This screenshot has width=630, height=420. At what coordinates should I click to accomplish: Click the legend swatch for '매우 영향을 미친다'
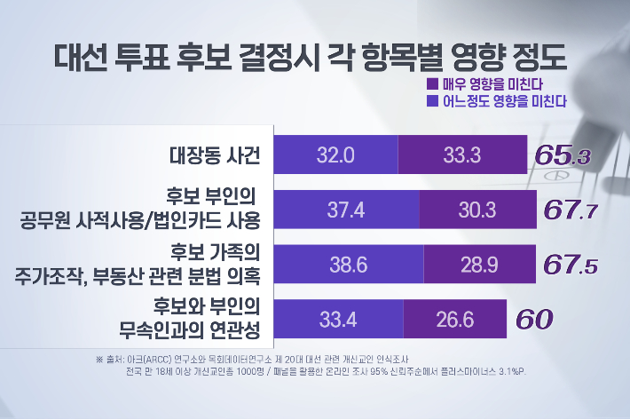pyautogui.click(x=432, y=84)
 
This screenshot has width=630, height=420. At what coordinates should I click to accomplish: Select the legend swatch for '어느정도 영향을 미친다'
pyautogui.click(x=432, y=101)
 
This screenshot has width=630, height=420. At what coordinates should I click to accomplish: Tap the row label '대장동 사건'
pyautogui.click(x=215, y=155)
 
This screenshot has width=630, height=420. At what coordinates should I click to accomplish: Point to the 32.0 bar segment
pyautogui.click(x=336, y=155)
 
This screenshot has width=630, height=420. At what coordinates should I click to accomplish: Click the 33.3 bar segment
pyautogui.click(x=461, y=155)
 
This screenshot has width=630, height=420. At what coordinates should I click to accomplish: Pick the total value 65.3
pyautogui.click(x=563, y=155)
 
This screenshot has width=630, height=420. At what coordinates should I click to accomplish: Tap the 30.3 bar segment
pyautogui.click(x=473, y=210)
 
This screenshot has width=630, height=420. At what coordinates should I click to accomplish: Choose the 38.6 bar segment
pyautogui.click(x=349, y=264)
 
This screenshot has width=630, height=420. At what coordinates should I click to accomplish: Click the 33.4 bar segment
pyautogui.click(x=338, y=318)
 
